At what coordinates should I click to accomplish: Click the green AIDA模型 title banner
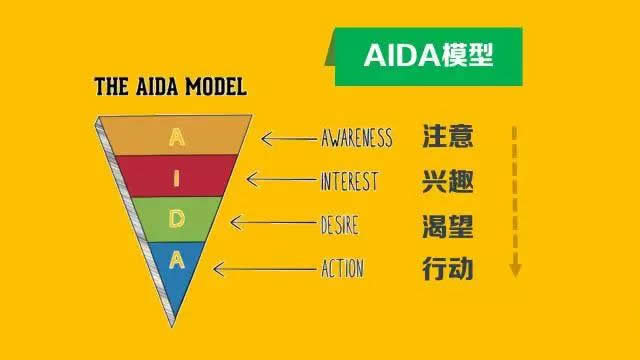click(x=428, y=56)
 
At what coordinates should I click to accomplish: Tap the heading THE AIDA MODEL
click(x=170, y=87)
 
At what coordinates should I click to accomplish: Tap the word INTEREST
click(x=349, y=182)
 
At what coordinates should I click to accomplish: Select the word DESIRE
click(x=340, y=225)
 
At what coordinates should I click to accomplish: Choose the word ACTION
click(x=342, y=268)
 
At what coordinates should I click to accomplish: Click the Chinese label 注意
click(x=447, y=136)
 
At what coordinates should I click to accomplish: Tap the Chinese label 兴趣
click(x=447, y=182)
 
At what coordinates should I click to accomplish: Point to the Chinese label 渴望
click(x=447, y=225)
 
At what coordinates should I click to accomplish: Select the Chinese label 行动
click(x=447, y=268)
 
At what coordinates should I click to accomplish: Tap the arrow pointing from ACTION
click(x=262, y=268)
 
